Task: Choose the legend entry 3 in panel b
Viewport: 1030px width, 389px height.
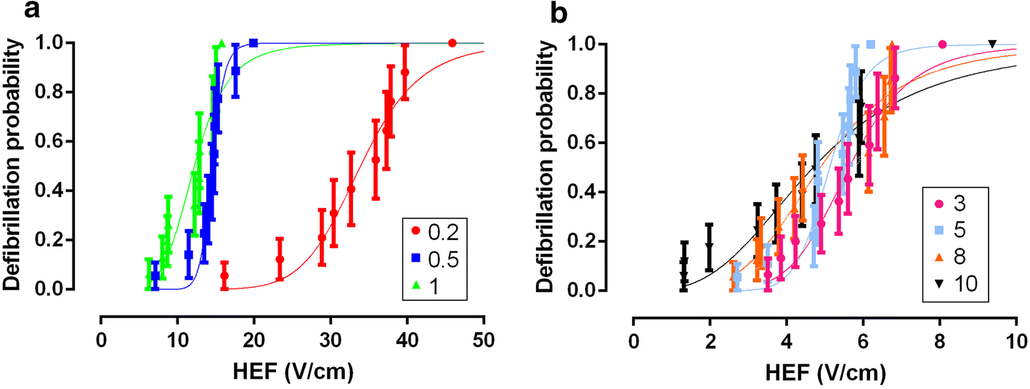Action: [x=955, y=201]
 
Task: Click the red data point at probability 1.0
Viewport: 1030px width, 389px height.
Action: [x=453, y=43]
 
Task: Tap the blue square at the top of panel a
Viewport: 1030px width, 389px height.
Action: [x=254, y=43]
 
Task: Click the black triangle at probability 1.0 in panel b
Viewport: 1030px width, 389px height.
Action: [x=992, y=44]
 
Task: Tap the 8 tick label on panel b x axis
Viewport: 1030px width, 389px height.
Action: [x=940, y=339]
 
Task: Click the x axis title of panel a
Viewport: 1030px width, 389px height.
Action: [x=292, y=372]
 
